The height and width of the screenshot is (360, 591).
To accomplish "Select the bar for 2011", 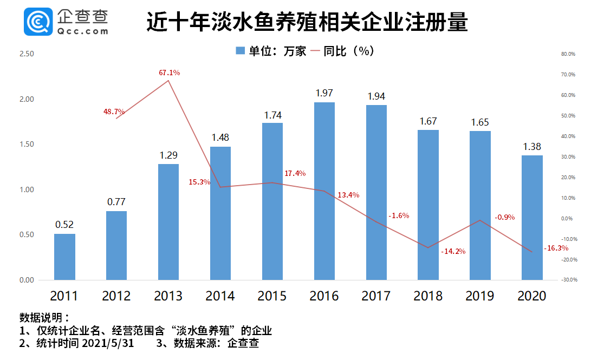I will click(64, 257).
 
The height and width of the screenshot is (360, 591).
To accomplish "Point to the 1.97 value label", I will click(324, 93).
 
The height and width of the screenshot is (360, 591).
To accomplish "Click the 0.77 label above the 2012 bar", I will click(116, 202).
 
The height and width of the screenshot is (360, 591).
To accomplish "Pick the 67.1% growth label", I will click(170, 73).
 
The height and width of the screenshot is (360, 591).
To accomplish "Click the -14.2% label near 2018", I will click(453, 251).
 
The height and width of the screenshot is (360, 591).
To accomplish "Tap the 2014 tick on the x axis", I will click(220, 296).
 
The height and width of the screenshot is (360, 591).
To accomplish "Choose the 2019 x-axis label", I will click(479, 296).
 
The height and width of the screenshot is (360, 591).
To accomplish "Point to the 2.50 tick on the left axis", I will click(26, 54).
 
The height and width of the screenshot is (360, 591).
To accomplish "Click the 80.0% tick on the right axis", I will click(568, 54).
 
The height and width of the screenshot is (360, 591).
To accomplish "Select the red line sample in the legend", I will click(314, 51).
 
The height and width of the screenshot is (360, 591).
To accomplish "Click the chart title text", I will click(307, 23).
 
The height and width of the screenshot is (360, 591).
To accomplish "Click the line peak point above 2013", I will click(168, 81).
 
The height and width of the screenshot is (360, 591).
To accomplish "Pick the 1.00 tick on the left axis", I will click(26, 190).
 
